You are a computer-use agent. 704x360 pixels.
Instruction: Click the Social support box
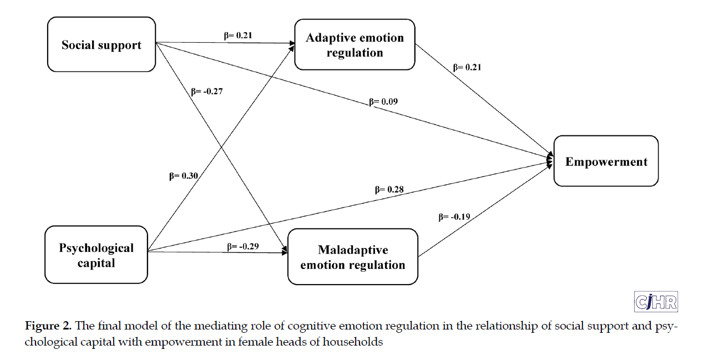click(102, 44)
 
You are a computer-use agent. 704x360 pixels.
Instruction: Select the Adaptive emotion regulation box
click(354, 45)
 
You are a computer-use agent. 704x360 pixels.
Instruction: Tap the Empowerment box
click(606, 161)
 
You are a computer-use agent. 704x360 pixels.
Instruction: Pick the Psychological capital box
click(96, 255)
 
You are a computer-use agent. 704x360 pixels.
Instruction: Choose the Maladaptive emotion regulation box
click(352, 257)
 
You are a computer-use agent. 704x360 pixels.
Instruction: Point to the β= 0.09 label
click(383, 102)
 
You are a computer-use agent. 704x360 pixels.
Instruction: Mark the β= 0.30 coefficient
click(184, 176)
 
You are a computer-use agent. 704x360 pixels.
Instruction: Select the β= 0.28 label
click(389, 189)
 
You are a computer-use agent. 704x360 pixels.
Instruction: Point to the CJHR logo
click(656, 301)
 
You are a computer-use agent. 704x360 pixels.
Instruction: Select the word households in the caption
click(355, 342)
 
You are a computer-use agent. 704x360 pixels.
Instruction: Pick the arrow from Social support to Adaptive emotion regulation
click(222, 43)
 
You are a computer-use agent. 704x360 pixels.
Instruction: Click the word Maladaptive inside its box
click(353, 250)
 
